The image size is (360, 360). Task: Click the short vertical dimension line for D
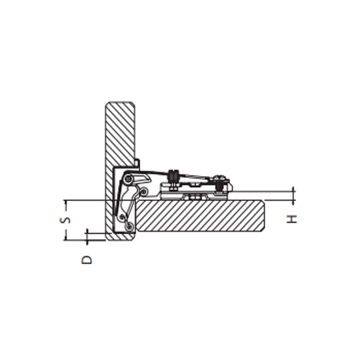86,236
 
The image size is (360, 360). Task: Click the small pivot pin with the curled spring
142,190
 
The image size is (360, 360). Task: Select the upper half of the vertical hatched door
120,133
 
